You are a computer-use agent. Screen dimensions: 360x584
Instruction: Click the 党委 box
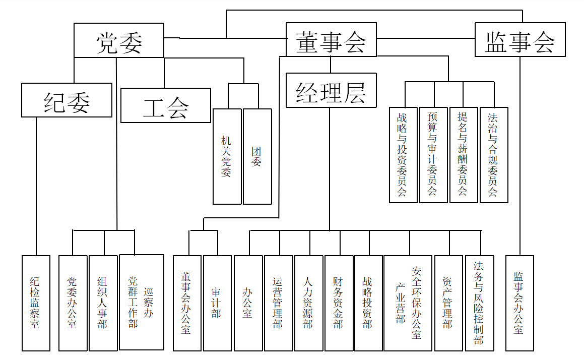pyautogui.click(x=119, y=40)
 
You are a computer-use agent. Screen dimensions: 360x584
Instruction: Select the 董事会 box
pyautogui.click(x=331, y=39)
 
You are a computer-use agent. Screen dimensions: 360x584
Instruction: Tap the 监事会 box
pyautogui.click(x=520, y=39)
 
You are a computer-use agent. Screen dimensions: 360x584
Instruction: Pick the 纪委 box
pyautogui.click(x=67, y=100)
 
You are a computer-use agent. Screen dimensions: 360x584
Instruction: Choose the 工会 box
pyautogui.click(x=166, y=105)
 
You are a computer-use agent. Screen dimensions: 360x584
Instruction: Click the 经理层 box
pyautogui.click(x=331, y=90)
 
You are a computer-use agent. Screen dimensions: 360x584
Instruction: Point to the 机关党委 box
pyautogui.click(x=227, y=156)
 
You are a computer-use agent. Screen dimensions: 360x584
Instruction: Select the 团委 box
pyautogui.click(x=257, y=156)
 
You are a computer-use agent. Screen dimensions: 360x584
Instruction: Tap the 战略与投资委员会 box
pyautogui.click(x=403, y=155)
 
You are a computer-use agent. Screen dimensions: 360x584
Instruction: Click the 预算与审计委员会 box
pyautogui.click(x=433, y=155)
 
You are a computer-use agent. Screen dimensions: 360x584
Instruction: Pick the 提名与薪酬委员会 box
pyautogui.click(x=464, y=155)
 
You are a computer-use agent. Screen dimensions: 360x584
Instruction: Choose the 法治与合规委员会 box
pyautogui.click(x=494, y=155)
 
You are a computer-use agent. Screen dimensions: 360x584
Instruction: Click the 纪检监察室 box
pyautogui.click(x=36, y=303)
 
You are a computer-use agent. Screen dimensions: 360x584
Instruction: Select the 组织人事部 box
pyautogui.click(x=103, y=303)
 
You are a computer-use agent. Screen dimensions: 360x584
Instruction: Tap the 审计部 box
pyautogui.click(x=217, y=303)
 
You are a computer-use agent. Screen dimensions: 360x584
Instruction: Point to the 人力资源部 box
pyautogui.click(x=308, y=303)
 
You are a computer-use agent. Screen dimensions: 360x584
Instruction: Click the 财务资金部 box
pyautogui.click(x=339, y=303)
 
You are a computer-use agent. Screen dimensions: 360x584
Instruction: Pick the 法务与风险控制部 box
pyautogui.click(x=479, y=303)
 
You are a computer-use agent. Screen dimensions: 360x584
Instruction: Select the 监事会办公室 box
pyautogui.click(x=520, y=303)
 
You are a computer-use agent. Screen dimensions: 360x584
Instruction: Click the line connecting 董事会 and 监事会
pyautogui.click(x=426, y=38)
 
